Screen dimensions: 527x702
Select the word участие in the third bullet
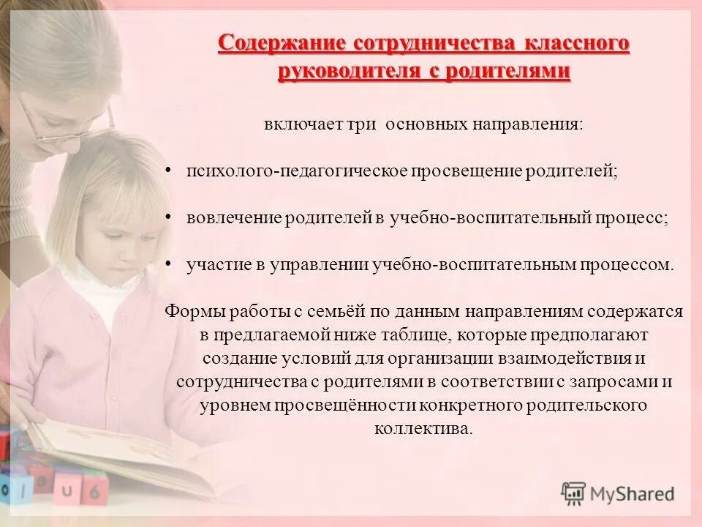point(213,264)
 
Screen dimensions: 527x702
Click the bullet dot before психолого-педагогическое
point(168,170)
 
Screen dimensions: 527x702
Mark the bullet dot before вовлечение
point(168,217)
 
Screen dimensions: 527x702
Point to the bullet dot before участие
point(168,263)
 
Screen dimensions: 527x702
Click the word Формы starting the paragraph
point(189,311)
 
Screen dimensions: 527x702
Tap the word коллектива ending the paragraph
point(423,428)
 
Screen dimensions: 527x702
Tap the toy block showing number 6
point(94,490)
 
